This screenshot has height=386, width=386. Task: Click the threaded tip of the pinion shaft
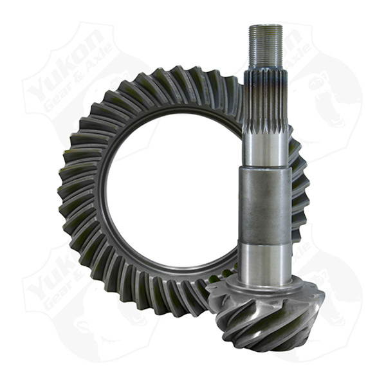(265, 45)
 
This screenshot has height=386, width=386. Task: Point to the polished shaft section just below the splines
(265, 147)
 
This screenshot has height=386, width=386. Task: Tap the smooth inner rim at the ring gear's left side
(103, 193)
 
